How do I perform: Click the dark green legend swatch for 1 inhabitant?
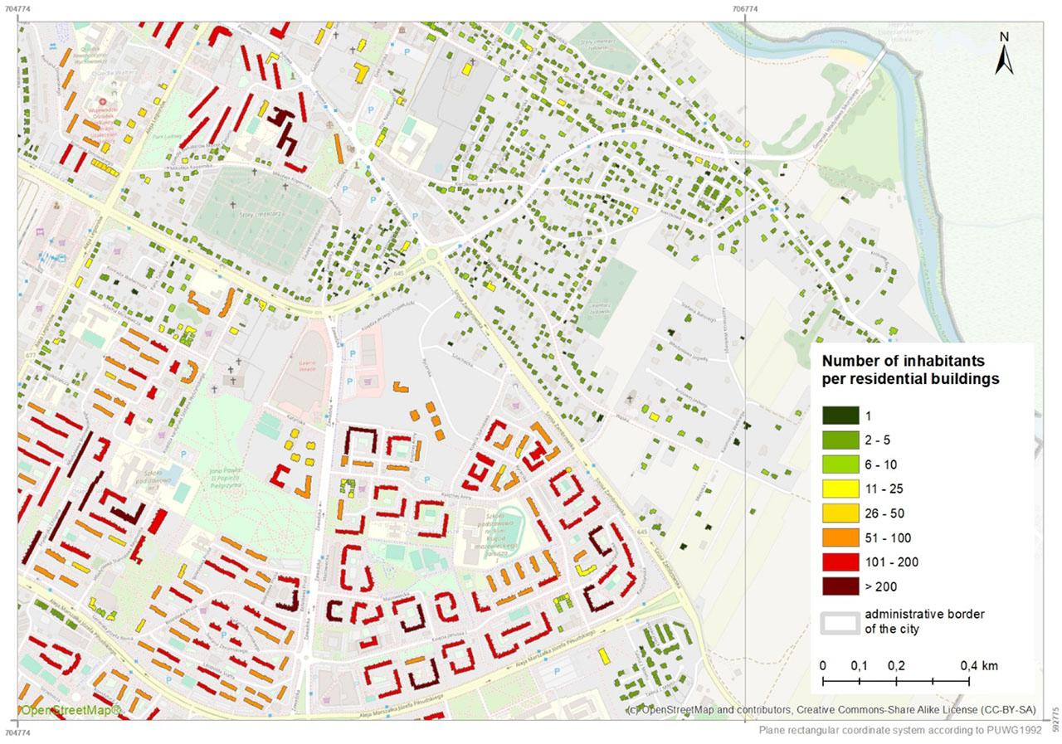(840, 416)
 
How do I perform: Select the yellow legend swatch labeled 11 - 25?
(840, 489)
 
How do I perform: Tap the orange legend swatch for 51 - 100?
(840, 537)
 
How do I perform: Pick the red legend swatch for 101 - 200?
(840, 562)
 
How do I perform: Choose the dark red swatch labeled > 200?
(840, 586)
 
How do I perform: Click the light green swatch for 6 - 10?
(840, 464)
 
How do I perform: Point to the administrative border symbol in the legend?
(840, 622)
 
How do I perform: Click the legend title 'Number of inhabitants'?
(903, 362)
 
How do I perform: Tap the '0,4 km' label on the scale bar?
(979, 665)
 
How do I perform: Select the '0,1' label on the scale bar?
(859, 665)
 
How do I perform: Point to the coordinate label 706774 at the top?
(745, 9)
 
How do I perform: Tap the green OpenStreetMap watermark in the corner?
(71, 710)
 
